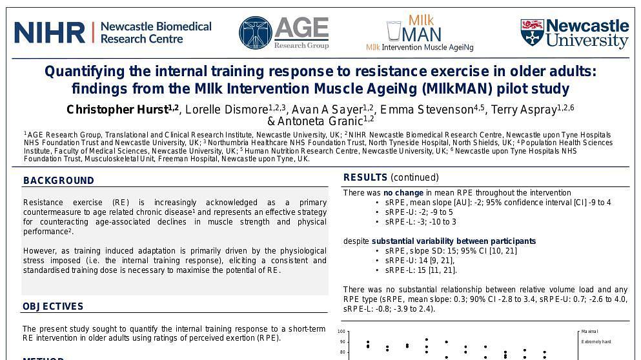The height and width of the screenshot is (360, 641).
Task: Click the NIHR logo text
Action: pyautogui.click(x=50, y=32)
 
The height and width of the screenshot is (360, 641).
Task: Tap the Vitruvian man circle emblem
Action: pyautogui.click(x=255, y=33)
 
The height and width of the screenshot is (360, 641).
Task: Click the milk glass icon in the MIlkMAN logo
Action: pyautogui.click(x=393, y=31)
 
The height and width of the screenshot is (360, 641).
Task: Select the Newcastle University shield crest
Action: pyautogui.click(x=531, y=32)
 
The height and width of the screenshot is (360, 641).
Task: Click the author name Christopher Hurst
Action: pyautogui.click(x=116, y=110)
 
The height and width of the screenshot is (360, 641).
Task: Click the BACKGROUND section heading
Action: pyautogui.click(x=59, y=181)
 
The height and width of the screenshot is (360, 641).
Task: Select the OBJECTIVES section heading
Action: pyautogui.click(x=53, y=306)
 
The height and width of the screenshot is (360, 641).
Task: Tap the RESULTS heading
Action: pyautogui.click(x=365, y=177)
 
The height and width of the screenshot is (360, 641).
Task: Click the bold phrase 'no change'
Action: pyautogui.click(x=403, y=193)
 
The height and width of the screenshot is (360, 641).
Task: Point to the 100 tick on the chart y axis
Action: pyautogui.click(x=341, y=332)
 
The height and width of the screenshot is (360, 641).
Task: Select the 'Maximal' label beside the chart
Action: pyautogui.click(x=589, y=332)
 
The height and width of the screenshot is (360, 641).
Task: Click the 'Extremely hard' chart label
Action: pyautogui.click(x=596, y=342)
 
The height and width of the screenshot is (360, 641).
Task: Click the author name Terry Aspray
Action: pyautogui.click(x=524, y=110)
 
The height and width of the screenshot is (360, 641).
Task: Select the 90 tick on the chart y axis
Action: pyautogui.click(x=342, y=342)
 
